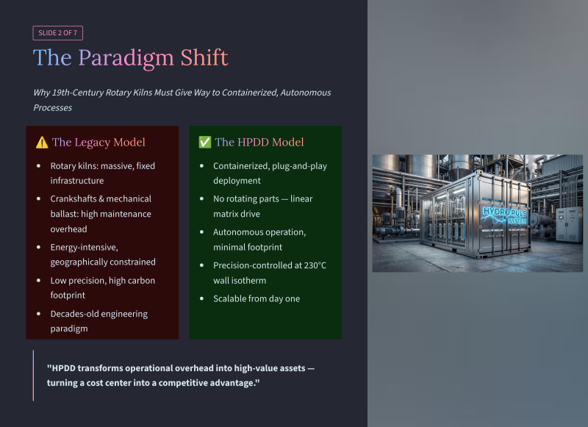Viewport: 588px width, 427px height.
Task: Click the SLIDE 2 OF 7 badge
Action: pyautogui.click(x=58, y=33)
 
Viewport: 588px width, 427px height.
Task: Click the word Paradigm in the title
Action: pyautogui.click(x=126, y=59)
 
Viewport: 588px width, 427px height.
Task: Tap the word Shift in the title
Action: pyautogui.click(x=204, y=57)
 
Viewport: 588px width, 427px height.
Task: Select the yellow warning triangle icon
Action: pyautogui.click(x=42, y=143)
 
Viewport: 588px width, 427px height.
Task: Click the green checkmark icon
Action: pyautogui.click(x=205, y=143)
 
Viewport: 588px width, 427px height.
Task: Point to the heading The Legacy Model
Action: pyautogui.click(x=98, y=143)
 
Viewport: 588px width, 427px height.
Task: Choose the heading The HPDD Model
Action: pyautogui.click(x=259, y=143)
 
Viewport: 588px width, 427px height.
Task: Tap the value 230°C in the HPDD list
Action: pyautogui.click(x=315, y=265)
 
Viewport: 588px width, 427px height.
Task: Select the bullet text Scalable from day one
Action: pyautogui.click(x=257, y=299)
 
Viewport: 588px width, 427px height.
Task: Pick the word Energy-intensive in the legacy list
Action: pyautogui.click(x=85, y=248)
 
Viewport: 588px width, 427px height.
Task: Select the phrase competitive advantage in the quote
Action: pyautogui.click(x=206, y=383)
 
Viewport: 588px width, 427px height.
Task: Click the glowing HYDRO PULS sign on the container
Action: pyautogui.click(x=505, y=215)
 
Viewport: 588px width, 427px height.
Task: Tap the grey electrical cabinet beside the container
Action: pyautogui.click(x=569, y=225)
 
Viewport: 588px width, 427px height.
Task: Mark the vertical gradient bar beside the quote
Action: pyautogui.click(x=33, y=376)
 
